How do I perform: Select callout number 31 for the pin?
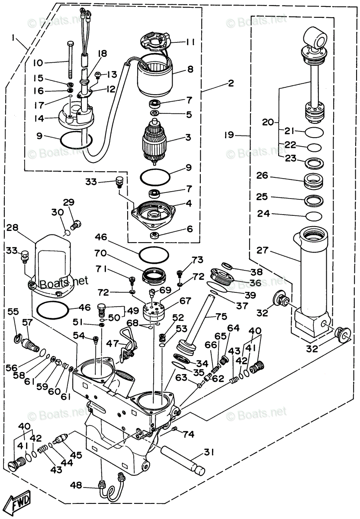209,453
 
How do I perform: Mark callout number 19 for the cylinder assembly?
229,135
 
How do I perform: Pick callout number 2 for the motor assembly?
231,83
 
